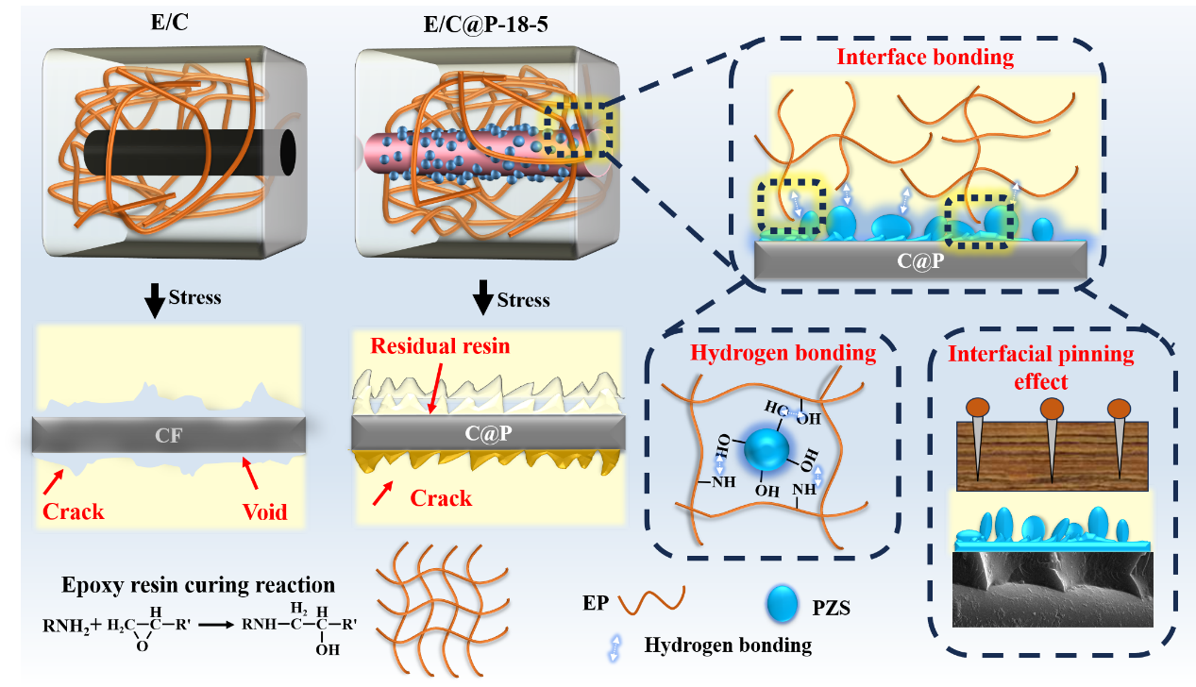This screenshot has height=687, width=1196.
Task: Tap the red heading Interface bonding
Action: click(925, 57)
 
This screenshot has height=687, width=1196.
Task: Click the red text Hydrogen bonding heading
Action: click(783, 353)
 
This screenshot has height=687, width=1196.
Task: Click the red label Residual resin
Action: click(439, 345)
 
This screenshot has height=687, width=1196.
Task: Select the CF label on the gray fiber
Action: click(168, 435)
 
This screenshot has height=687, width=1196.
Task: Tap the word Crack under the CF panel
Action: click(74, 511)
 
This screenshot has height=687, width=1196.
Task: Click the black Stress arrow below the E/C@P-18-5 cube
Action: click(482, 301)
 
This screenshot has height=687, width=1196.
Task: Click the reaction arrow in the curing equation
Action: click(213, 623)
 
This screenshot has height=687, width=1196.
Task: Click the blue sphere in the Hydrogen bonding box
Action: click(766, 450)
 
